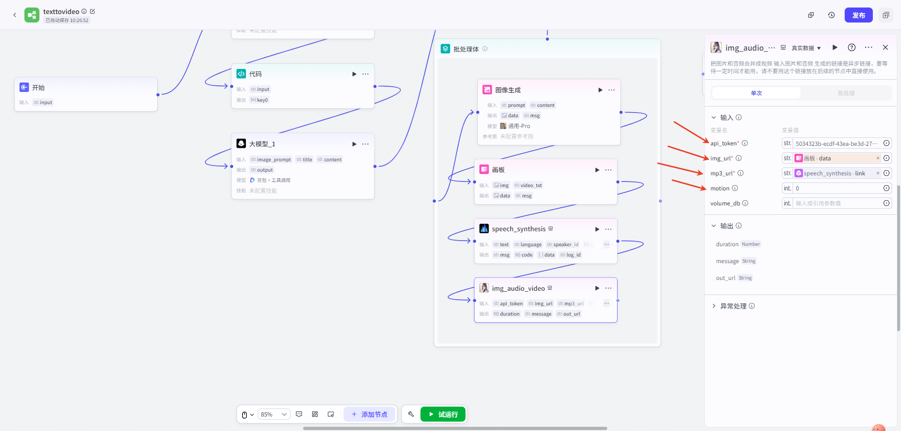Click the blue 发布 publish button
[x=858, y=15]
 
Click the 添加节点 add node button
[x=369, y=414]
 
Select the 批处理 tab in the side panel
[x=846, y=93]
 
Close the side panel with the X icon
[x=885, y=47]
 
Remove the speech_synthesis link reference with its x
[x=878, y=173]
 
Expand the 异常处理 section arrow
[x=714, y=306]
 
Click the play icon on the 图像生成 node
[x=600, y=90]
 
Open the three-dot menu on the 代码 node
[x=366, y=74]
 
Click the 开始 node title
[x=38, y=88]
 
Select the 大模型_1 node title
[x=262, y=144]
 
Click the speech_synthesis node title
[x=519, y=229]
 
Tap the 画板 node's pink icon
[x=484, y=169]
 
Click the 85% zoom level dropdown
[x=274, y=414]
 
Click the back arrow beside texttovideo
[x=15, y=15]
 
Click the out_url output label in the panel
[x=725, y=278]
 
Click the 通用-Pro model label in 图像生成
[x=519, y=126]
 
